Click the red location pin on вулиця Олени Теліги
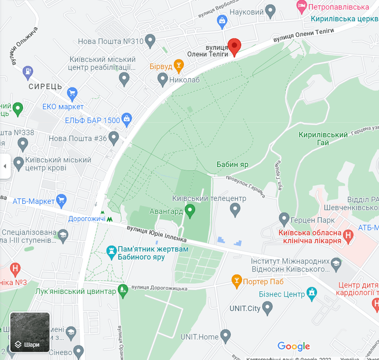[x=234, y=46]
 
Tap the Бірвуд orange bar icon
[x=178, y=65]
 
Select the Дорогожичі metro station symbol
[x=102, y=213]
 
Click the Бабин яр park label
[x=233, y=165]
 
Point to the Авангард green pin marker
[x=190, y=210]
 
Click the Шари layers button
[x=30, y=332]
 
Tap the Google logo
[x=293, y=346]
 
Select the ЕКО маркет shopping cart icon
[x=72, y=94]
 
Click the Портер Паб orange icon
[x=236, y=280]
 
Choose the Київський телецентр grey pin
[x=235, y=209]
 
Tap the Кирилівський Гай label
[x=323, y=138]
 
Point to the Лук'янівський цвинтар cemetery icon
[x=122, y=291]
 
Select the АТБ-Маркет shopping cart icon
[x=62, y=200]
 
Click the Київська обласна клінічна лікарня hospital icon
[x=348, y=236]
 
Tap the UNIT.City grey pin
[x=267, y=308]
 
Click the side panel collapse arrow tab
[x=5, y=166]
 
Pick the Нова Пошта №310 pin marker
[x=150, y=40]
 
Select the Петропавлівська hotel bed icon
[x=301, y=7]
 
